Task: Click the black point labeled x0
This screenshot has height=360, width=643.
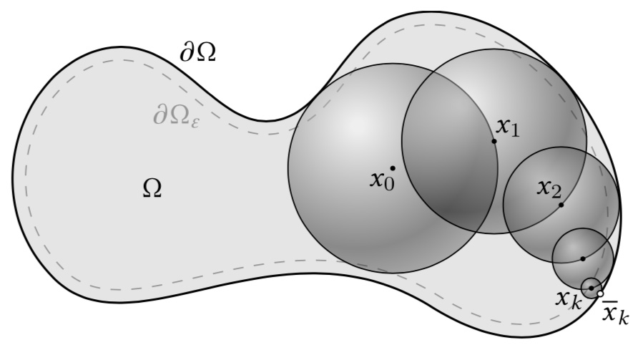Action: [393, 168]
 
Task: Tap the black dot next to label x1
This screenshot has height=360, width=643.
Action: [494, 141]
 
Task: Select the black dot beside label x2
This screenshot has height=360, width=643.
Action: [561, 205]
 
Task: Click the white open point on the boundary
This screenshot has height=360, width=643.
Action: [600, 293]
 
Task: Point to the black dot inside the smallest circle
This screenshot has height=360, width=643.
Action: [591, 288]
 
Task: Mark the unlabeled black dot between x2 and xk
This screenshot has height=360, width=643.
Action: [583, 258]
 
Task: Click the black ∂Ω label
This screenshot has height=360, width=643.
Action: [197, 53]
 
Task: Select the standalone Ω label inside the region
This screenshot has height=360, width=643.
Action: [152, 188]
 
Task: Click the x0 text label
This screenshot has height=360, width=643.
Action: [382, 179]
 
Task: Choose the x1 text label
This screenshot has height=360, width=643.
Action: [508, 127]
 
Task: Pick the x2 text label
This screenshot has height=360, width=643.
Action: [549, 189]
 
